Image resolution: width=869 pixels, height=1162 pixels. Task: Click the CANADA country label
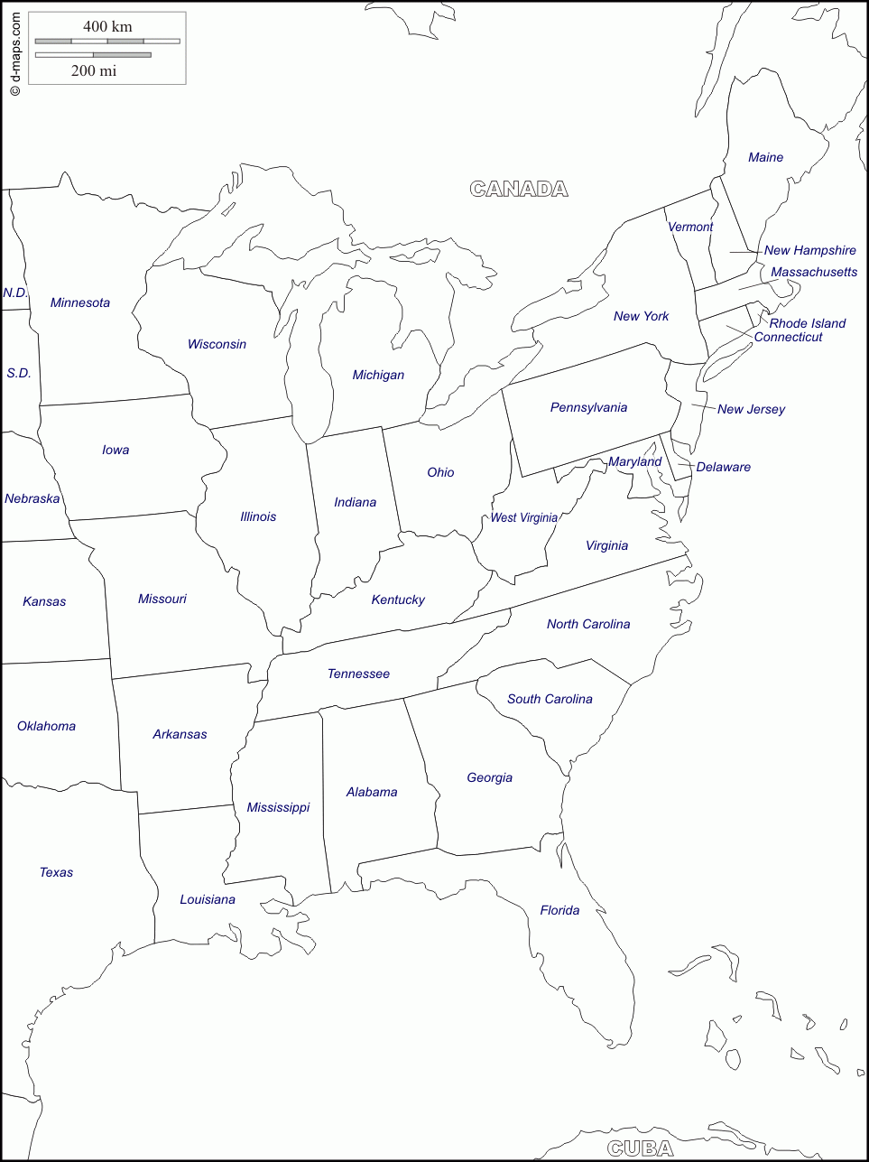click(519, 189)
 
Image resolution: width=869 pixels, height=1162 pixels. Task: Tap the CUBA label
click(641, 1148)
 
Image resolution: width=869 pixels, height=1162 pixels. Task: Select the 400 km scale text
click(107, 26)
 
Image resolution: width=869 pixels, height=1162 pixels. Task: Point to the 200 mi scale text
click(94, 70)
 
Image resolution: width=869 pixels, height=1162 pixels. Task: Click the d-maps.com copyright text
click(14, 54)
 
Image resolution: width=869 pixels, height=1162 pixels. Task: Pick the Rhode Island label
click(808, 323)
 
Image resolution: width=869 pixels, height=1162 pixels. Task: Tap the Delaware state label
click(724, 467)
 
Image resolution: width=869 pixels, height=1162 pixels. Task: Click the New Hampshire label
click(810, 250)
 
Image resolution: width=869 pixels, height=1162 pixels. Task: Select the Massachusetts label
click(814, 272)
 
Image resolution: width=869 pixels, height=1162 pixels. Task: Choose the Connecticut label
click(789, 337)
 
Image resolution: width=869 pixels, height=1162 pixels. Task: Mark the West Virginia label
click(524, 517)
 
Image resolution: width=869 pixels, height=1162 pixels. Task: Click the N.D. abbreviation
click(15, 293)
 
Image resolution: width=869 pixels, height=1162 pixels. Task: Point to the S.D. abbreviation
click(19, 373)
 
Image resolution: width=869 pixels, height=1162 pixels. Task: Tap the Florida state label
click(559, 910)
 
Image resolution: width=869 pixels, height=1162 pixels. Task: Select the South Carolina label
click(550, 699)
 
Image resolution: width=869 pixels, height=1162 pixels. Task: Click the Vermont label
click(690, 227)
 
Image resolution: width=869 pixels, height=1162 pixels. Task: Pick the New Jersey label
click(751, 409)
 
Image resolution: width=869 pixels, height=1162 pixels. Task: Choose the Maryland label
click(634, 461)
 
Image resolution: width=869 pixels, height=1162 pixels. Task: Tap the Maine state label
click(765, 157)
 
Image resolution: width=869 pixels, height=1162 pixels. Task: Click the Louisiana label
click(208, 899)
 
